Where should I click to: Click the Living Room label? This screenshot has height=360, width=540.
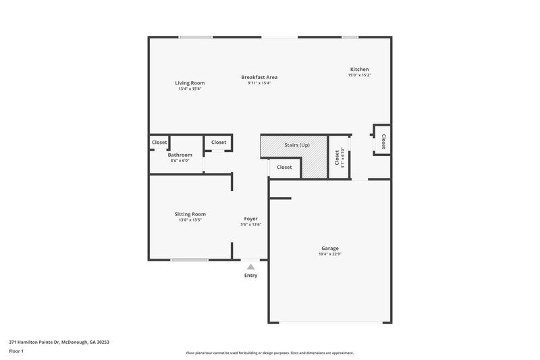click(190, 82)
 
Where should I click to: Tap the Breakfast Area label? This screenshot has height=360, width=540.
click(259, 77)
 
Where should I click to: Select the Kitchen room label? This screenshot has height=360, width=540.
click(359, 70)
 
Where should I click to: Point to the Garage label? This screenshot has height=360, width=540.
click(330, 248)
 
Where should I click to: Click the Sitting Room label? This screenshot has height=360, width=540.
click(190, 213)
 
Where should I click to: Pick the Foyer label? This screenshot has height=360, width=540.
click(250, 219)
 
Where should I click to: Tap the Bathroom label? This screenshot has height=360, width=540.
click(180, 155)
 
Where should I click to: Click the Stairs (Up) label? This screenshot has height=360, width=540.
click(296, 145)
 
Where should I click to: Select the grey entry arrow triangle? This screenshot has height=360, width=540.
click(250, 267)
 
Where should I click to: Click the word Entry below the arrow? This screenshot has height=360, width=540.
click(250, 276)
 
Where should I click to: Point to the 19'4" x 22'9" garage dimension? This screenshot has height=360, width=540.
click(330, 254)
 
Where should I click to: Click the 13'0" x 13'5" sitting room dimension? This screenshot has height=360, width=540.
click(190, 220)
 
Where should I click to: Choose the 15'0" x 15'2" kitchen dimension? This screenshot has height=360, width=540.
click(359, 76)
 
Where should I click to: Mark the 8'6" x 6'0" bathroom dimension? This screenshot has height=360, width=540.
click(180, 161)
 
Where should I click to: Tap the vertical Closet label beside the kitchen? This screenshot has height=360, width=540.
click(383, 142)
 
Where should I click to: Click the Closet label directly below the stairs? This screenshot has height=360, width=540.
click(284, 167)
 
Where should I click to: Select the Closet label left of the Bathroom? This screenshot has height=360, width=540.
click(159, 143)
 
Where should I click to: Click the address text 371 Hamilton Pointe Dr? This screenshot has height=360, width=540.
click(59, 342)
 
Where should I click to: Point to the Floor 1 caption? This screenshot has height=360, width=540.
click(17, 351)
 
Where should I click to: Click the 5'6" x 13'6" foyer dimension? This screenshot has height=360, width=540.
click(250, 225)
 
